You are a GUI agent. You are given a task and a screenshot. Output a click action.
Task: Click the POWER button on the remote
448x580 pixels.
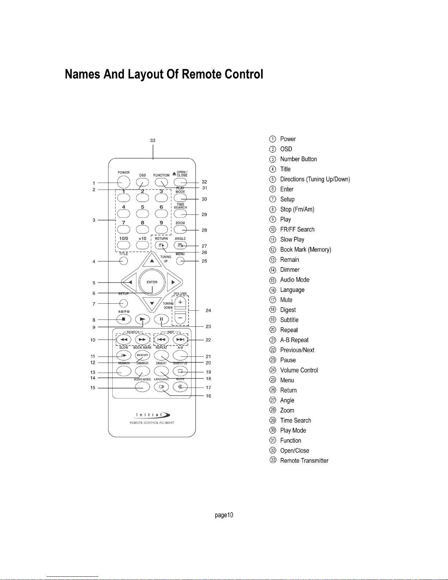124,182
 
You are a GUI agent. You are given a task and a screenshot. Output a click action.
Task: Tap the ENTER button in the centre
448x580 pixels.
152,282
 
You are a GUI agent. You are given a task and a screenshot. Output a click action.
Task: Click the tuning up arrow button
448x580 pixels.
151,261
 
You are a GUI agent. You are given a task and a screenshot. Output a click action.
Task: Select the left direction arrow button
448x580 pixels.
129,282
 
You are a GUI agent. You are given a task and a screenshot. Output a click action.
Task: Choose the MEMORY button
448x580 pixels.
142,355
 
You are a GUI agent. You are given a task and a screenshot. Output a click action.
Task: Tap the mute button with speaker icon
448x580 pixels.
180,387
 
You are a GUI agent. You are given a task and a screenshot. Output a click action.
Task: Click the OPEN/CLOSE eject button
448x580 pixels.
180,182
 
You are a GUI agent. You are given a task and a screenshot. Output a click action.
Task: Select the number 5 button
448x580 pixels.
142,213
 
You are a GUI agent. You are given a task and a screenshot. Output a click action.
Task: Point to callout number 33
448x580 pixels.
153,140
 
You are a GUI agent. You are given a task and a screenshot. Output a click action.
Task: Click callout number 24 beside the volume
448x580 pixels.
208,310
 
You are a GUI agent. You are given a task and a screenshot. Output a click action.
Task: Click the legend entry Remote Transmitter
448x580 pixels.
304,461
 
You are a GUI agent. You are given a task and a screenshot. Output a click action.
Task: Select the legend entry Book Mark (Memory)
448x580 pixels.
305,250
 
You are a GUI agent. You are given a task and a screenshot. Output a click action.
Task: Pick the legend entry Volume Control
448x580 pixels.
299,370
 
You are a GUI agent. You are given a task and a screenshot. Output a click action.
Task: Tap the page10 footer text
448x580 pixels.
224,515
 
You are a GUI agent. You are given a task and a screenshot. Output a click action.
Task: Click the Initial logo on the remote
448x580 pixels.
153,415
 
